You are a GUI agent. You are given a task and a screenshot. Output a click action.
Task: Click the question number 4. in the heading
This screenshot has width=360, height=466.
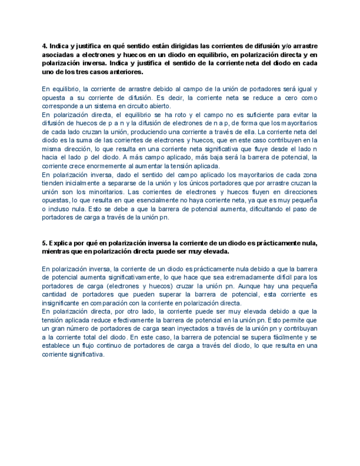tap(45, 46)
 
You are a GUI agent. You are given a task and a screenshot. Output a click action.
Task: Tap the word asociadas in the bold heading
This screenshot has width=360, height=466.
tap(58, 55)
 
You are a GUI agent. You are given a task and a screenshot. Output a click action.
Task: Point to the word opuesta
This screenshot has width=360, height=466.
tap(53, 98)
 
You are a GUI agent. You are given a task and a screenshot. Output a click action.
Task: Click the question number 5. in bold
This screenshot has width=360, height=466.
tap(45, 243)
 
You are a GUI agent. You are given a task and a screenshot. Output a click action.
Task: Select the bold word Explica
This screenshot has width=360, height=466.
tap(60, 243)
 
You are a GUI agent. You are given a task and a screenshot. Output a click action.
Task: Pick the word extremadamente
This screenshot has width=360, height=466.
tap(218, 278)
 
